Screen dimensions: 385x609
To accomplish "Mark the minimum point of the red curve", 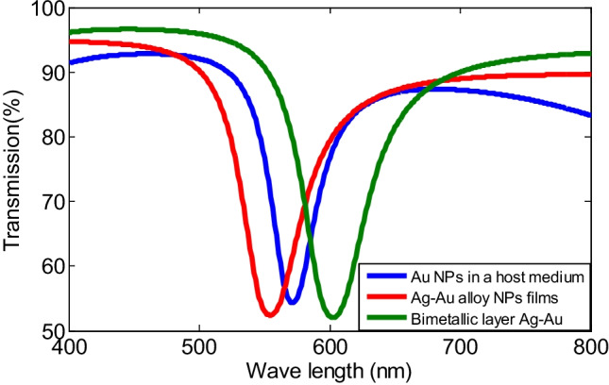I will (x=270, y=313).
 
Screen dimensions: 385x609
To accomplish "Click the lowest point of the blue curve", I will (x=292, y=301).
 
